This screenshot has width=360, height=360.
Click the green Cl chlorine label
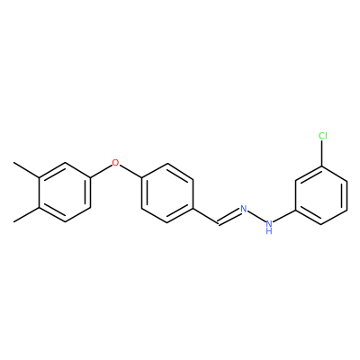tap(323, 136)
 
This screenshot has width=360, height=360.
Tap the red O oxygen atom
tap(115, 163)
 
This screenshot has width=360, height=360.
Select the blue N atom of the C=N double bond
tap(243, 209)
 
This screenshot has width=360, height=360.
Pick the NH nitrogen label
tap(269, 227)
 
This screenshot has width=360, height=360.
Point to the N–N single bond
tap(256, 217)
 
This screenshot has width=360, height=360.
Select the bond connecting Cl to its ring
tap(322, 153)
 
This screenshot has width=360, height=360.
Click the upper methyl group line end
tap(13, 163)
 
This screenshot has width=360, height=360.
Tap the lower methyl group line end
tap(13, 222)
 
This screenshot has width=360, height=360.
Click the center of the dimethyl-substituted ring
tap(65, 193)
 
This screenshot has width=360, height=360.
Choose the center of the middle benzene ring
tap(167, 193)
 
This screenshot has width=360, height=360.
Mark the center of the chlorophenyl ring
tap(322, 194)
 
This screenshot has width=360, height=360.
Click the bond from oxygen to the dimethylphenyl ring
tap(101, 171)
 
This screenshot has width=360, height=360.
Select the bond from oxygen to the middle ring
tap(130, 172)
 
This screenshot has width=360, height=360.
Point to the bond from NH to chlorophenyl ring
tap(285, 216)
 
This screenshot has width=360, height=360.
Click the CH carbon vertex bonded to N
tap(219, 222)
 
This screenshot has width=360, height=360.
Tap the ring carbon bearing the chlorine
tap(322, 166)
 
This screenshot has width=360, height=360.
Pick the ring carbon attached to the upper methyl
tap(40, 178)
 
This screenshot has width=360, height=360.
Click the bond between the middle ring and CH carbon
tap(205, 215)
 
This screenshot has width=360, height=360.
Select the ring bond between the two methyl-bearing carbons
tap(40, 193)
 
